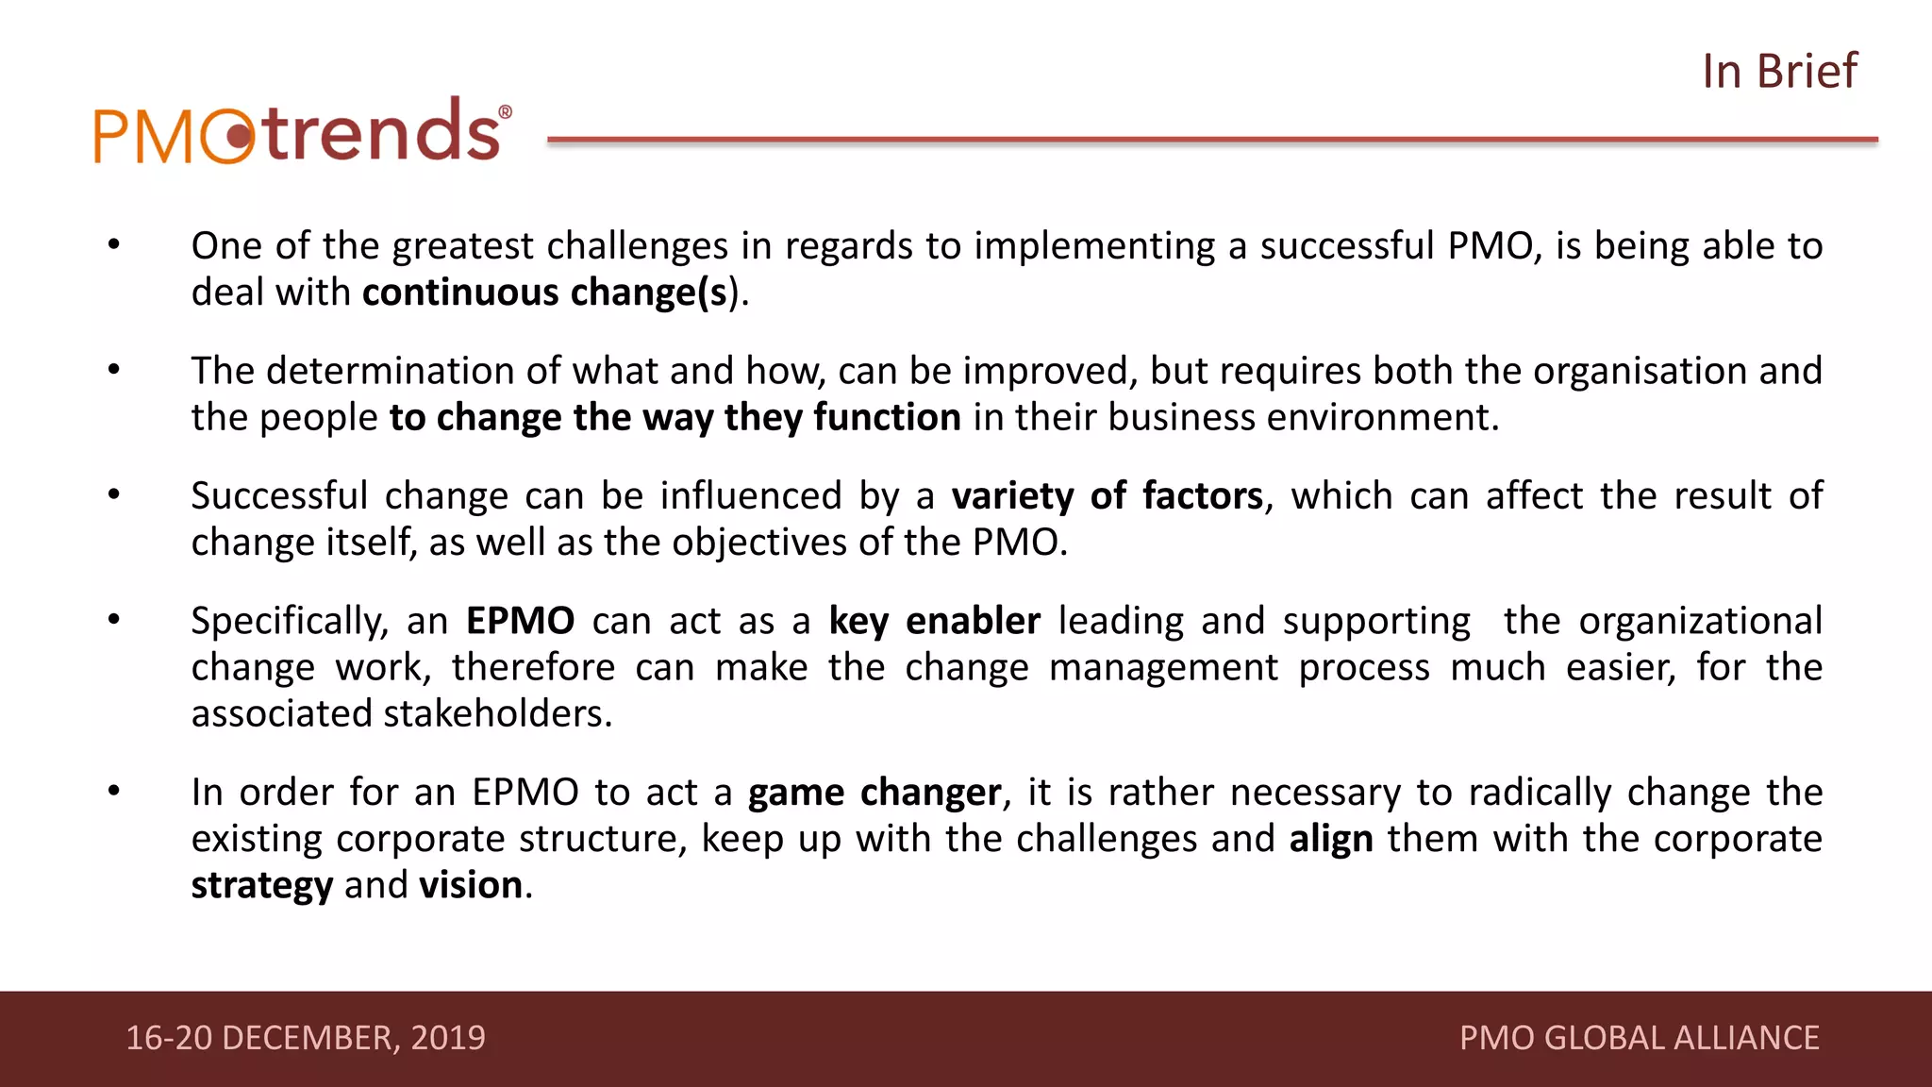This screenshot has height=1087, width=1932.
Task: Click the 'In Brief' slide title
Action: pyautogui.click(x=1779, y=72)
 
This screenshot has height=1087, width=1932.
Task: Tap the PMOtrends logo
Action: pyautogui.click(x=302, y=132)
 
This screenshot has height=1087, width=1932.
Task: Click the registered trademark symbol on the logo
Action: pyautogui.click(x=505, y=112)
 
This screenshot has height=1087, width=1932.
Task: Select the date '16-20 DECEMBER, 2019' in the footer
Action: pyautogui.click(x=306, y=1038)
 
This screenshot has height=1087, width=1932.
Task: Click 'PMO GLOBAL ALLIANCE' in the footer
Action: pyautogui.click(x=1639, y=1038)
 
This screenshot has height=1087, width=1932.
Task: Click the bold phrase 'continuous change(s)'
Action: pyautogui.click(x=545, y=293)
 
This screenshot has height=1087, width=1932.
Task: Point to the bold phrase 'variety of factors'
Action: pyautogui.click(x=1107, y=496)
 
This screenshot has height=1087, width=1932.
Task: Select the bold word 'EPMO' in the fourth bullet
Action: pyautogui.click(x=520, y=621)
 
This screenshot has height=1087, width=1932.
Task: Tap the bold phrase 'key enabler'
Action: pyautogui.click(x=934, y=621)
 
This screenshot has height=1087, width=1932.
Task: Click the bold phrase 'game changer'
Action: pyautogui.click(x=874, y=793)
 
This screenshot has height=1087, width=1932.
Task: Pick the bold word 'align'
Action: pyautogui.click(x=1331, y=839)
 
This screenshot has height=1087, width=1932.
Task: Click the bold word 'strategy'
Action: pyautogui.click(x=261, y=886)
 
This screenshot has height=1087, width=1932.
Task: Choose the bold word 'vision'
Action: pyautogui.click(x=471, y=885)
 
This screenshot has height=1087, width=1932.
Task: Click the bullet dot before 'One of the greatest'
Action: pyautogui.click(x=114, y=245)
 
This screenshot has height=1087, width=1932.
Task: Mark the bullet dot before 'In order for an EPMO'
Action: pyautogui.click(x=114, y=792)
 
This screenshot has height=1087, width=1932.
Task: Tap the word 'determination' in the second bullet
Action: pyautogui.click(x=391, y=371)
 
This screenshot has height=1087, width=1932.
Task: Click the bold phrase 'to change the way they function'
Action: pyautogui.click(x=675, y=417)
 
